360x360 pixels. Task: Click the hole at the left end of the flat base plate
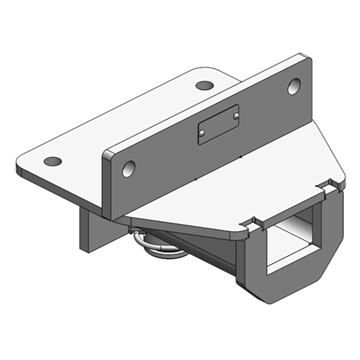click(53, 161)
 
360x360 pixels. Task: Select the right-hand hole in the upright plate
click(294, 86)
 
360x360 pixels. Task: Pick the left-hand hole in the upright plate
click(129, 168)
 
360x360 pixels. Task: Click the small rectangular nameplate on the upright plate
click(218, 124)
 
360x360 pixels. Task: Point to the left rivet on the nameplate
click(202, 132)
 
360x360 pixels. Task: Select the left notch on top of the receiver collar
click(255, 223)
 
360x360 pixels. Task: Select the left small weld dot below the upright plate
click(196, 179)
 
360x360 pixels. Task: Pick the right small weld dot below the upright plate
click(241, 157)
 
